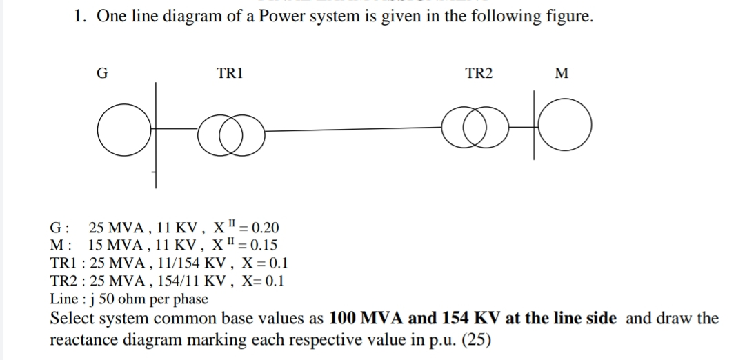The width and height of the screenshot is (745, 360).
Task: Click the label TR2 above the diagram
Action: point(479,73)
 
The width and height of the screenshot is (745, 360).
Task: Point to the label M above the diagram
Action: point(561,73)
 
